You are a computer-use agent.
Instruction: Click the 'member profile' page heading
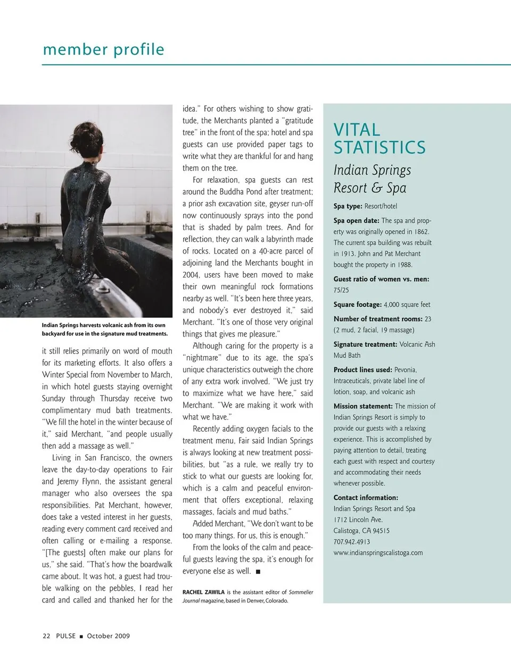[x=103, y=49]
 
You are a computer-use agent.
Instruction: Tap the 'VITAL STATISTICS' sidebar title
[x=379, y=138]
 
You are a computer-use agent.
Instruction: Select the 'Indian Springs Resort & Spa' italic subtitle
[x=372, y=179]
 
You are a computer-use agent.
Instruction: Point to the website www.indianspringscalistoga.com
[x=378, y=553]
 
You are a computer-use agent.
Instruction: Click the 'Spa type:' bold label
[x=348, y=206]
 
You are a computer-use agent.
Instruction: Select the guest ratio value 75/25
[x=341, y=290]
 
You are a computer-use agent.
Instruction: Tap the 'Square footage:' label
[x=358, y=305]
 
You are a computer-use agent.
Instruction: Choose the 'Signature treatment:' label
[x=365, y=345]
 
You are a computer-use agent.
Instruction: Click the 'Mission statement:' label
[x=363, y=406]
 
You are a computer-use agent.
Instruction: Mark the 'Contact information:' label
[x=366, y=498]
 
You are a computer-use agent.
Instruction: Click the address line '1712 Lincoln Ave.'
[x=358, y=520]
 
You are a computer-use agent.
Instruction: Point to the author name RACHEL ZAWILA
[x=203, y=592]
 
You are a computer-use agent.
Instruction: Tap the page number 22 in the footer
[x=46, y=636]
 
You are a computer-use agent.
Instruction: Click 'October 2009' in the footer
[x=108, y=636]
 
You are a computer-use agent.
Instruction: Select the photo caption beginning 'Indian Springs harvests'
[x=104, y=329]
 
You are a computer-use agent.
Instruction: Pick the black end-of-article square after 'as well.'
[x=258, y=572]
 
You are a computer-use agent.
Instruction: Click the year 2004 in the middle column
[x=191, y=275]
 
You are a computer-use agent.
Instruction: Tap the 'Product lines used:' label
[x=362, y=370]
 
